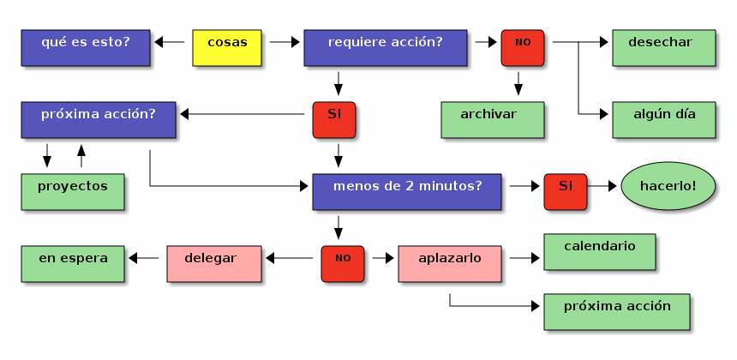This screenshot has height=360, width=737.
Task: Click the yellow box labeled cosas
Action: pos(227,48)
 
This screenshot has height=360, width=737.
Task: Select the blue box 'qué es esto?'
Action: pos(86,48)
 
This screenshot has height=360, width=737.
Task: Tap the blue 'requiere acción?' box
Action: pos(386,48)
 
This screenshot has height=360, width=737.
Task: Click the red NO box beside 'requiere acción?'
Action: pos(523,48)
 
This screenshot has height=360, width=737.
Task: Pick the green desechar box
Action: pos(663,48)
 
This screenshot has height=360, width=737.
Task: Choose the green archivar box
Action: pos(492,120)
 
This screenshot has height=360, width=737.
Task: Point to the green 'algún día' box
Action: pos(663,120)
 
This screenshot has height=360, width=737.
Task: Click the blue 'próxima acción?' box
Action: pos(99,120)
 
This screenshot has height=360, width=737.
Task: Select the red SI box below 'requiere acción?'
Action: pos(334,120)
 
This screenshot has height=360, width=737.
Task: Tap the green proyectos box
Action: pos(73,192)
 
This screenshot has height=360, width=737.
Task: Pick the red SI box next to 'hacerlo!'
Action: pos(566,192)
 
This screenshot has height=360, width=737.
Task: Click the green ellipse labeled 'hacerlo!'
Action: pos(668,186)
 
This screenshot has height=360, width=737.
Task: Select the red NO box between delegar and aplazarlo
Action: pos(343,264)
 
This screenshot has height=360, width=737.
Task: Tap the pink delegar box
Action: pos(210,264)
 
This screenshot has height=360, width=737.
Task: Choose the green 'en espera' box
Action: pos(73,264)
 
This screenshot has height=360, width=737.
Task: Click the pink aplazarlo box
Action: pos(450,264)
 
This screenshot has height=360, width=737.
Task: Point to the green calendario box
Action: pos(599,252)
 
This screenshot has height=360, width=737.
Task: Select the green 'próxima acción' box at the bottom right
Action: pos(616,312)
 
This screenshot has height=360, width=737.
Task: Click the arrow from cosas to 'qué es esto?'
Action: pos(169,41)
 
